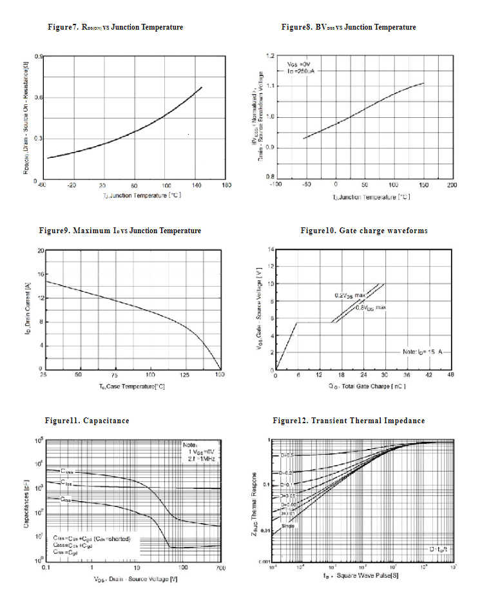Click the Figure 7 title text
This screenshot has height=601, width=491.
tap(115, 27)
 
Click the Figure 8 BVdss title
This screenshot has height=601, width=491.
tap(349, 27)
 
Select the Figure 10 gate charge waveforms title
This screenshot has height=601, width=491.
tap(363, 231)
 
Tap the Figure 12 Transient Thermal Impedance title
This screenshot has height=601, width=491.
tap(349, 421)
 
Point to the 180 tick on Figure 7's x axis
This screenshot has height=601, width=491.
tap(226, 186)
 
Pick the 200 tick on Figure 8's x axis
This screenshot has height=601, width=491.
tap(452, 185)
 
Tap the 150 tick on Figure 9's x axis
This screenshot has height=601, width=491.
tap(220, 374)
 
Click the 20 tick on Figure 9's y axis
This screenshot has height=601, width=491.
tap(40, 251)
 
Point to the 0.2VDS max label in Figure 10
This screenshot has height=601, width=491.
tap(349, 295)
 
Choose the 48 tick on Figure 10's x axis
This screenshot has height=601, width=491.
tap(450, 375)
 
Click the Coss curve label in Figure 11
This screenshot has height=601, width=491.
tap(68, 472)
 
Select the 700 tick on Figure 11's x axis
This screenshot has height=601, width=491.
tap(219, 568)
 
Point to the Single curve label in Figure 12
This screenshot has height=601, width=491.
tap(288, 526)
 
